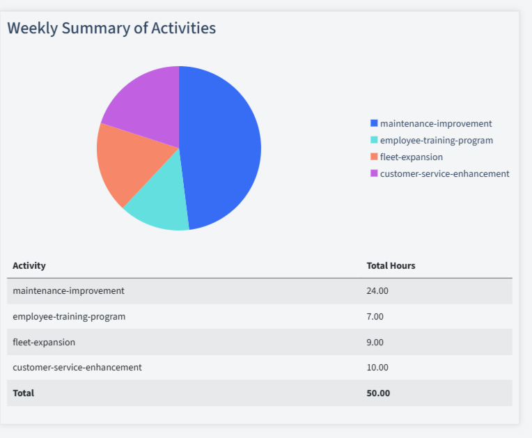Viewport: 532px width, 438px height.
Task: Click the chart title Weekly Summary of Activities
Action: click(x=111, y=29)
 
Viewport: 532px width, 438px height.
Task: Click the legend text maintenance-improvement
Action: click(x=436, y=123)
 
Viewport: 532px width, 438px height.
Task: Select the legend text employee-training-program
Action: click(x=437, y=140)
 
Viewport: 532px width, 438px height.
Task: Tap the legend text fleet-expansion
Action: click(x=412, y=157)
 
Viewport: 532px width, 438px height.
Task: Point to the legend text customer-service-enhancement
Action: click(x=444, y=173)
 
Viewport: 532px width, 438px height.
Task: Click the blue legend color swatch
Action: click(x=374, y=123)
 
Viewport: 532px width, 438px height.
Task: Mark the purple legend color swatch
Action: click(x=374, y=173)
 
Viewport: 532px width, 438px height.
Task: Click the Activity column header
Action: click(x=29, y=265)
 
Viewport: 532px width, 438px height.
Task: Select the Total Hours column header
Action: click(x=391, y=265)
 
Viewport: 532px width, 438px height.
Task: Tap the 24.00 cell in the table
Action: click(x=377, y=290)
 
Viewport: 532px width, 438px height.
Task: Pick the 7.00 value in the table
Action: click(x=375, y=316)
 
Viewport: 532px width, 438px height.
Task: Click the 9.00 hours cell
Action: click(x=375, y=342)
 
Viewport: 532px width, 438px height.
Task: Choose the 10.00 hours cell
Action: click(x=377, y=367)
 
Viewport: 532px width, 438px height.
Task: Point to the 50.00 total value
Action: click(x=378, y=393)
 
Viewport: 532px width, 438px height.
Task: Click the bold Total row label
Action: click(x=23, y=393)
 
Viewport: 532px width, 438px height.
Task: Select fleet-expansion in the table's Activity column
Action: click(x=44, y=342)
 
